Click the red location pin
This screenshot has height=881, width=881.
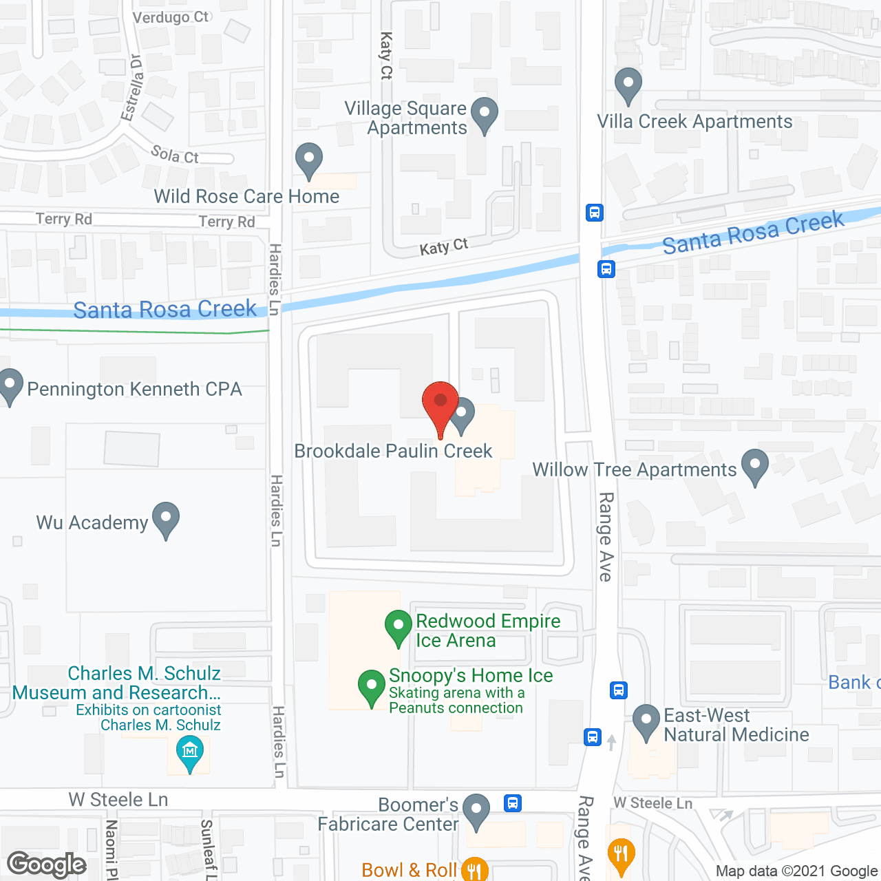point(440,403)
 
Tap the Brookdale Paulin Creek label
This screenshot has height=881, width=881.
point(393,451)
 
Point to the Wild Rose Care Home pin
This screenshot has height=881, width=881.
point(309,159)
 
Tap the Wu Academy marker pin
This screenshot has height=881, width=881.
point(166,518)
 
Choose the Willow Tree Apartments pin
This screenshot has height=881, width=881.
point(755,465)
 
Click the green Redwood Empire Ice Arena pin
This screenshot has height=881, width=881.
point(398,627)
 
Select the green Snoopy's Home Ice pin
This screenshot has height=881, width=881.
point(372,686)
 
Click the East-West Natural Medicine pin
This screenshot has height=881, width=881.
point(646,721)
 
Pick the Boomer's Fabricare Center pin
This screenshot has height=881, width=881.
point(476,810)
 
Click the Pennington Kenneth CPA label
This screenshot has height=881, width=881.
point(135,389)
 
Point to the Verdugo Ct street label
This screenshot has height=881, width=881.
point(170,17)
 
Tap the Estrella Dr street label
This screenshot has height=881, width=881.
point(133,88)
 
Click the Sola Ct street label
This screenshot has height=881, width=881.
point(175,155)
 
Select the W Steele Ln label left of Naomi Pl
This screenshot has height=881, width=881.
point(118,800)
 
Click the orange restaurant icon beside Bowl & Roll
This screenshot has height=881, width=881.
point(474,870)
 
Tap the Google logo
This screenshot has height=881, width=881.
point(47,864)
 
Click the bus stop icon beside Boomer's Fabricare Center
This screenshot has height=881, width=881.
point(513,803)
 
